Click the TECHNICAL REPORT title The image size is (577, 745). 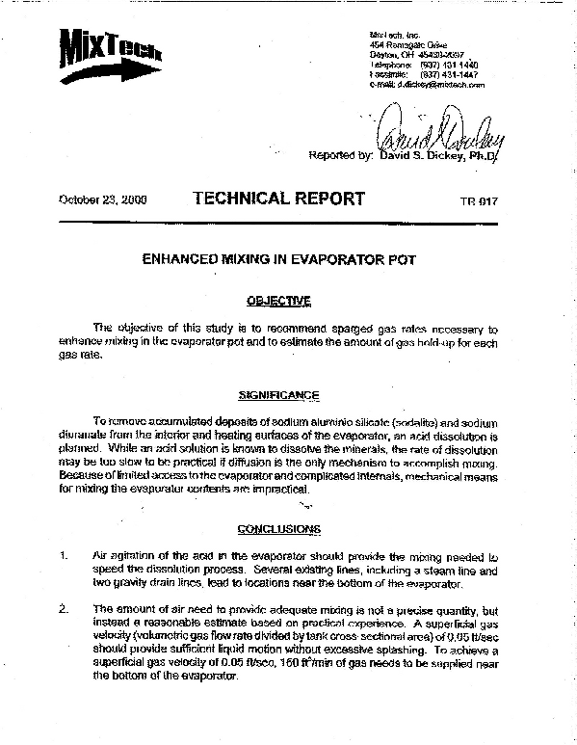tap(278, 200)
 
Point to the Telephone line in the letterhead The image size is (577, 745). tap(424, 65)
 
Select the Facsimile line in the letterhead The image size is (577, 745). tap(424, 74)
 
